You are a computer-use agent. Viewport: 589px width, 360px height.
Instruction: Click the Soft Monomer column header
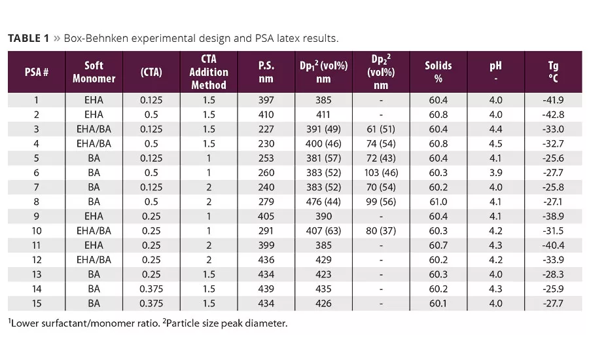(x=99, y=72)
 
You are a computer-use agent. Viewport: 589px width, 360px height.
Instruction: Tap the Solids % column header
(x=438, y=72)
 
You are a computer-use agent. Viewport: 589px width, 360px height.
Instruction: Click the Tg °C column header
(x=553, y=72)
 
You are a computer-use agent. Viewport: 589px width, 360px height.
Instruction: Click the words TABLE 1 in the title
(x=28, y=38)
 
